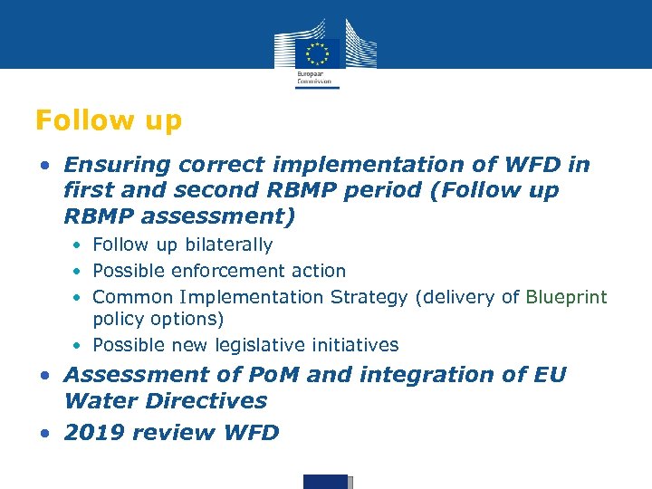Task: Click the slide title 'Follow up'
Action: click(108, 120)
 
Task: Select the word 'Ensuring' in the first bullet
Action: click(117, 165)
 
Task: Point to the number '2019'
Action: click(94, 433)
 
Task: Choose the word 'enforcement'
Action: click(241, 271)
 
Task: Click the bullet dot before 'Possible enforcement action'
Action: click(80, 272)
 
